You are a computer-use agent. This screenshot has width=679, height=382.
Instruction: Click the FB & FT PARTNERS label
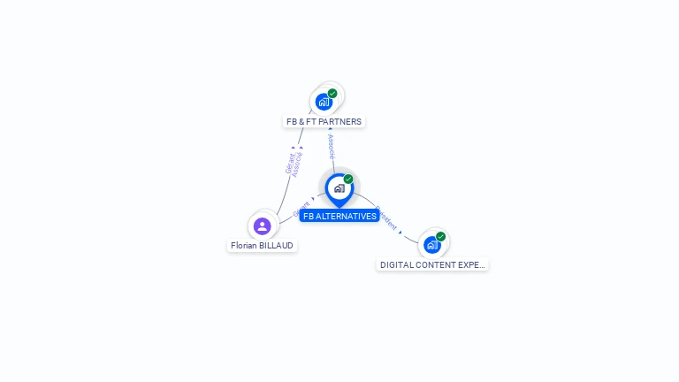coord(324,121)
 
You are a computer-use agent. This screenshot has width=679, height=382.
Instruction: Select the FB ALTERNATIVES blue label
coord(339,216)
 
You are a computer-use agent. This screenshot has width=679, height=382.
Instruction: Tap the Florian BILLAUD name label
coord(262,245)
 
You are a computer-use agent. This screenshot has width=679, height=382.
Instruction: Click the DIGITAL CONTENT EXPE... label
coord(432,264)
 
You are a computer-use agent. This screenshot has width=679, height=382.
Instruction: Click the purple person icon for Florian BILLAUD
coord(262,225)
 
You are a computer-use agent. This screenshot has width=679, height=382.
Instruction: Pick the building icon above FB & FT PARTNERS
coord(324,102)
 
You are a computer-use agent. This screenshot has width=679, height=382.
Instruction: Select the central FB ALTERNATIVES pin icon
coord(339,188)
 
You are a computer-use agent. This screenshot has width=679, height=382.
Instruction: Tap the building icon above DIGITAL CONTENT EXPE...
coord(431,244)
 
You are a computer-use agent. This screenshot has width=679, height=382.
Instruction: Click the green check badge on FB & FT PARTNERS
coord(332,93)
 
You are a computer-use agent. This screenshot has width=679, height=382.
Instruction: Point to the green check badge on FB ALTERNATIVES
coord(348,179)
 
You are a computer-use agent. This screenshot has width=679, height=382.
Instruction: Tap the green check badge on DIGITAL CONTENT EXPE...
coord(440,236)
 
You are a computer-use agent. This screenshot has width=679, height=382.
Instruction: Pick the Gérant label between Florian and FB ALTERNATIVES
coord(301,209)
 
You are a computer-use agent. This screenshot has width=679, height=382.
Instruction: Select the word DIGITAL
coord(395,264)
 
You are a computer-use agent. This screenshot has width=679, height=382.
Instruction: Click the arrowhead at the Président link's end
coord(401,232)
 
